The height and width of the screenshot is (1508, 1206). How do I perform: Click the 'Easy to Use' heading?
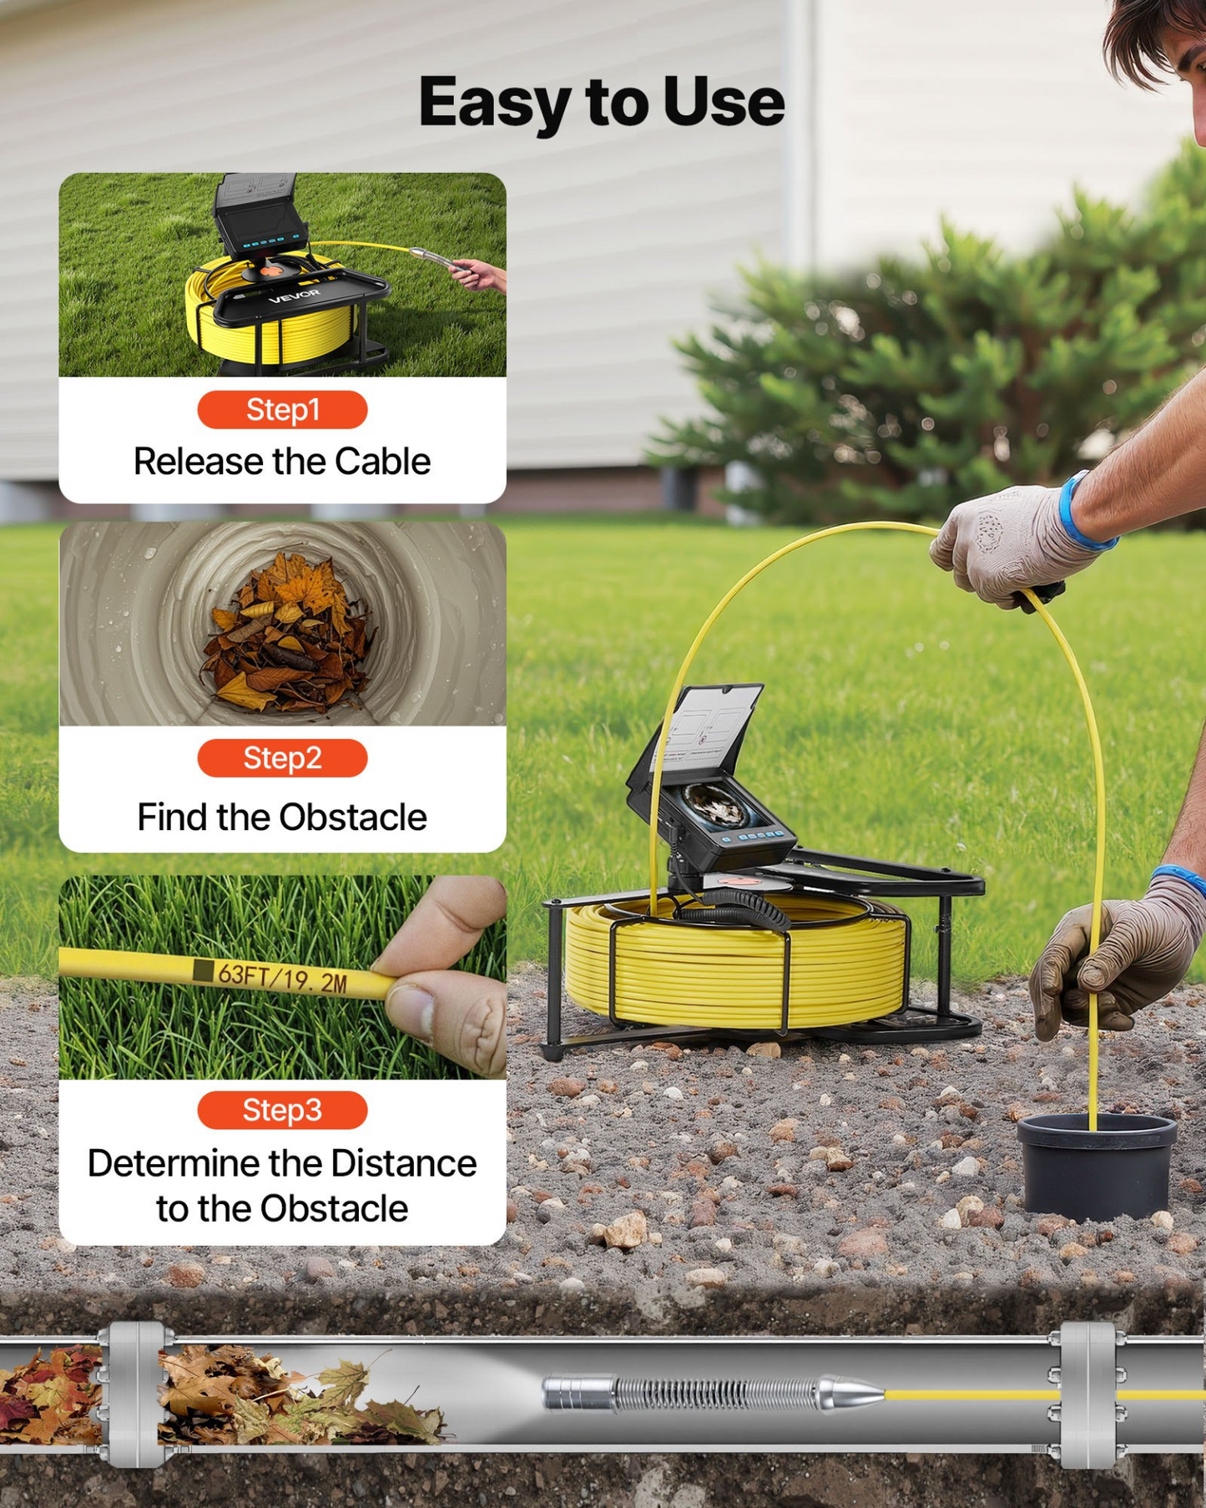point(601,103)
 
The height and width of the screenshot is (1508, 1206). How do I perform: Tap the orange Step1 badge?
point(282,410)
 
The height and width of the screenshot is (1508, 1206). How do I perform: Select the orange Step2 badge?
point(282,758)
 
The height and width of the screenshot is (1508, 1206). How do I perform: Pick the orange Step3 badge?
point(282,1111)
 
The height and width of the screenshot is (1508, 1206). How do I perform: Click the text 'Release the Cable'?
point(282,462)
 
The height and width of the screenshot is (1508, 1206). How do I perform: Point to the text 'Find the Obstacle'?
point(282,817)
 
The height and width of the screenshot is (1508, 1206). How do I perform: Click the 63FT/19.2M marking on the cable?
point(281,976)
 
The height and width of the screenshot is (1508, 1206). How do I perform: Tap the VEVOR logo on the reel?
point(294,296)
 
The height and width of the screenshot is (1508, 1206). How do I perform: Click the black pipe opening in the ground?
point(1097,1164)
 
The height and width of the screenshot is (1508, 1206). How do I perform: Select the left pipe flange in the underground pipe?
point(134,1394)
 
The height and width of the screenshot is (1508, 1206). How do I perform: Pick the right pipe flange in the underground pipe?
point(1087,1394)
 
